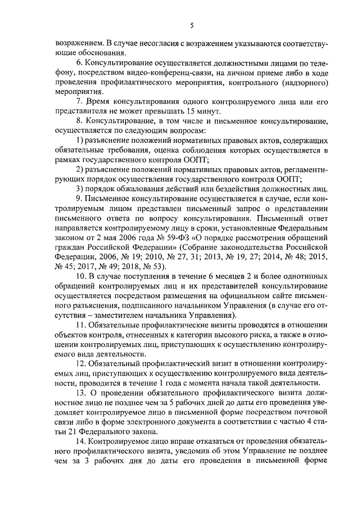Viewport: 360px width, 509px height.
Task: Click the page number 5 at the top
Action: [191, 25]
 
